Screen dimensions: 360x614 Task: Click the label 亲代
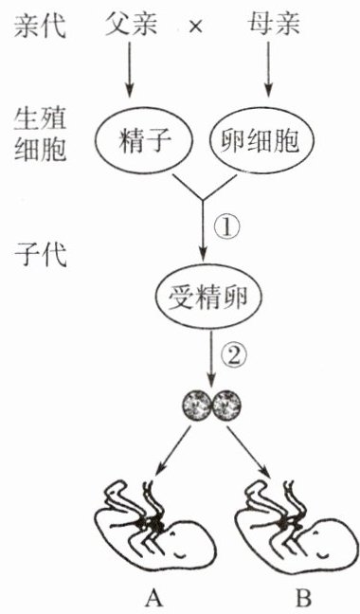(x=40, y=25)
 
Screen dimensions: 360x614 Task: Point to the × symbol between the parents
(x=194, y=27)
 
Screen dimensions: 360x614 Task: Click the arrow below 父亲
(x=130, y=69)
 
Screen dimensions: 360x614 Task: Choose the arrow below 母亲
(x=268, y=69)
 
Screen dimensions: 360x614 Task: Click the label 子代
(x=40, y=255)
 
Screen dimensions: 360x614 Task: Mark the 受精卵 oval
(x=208, y=298)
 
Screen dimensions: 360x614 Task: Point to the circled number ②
(x=234, y=356)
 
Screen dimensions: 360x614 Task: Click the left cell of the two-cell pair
(x=197, y=405)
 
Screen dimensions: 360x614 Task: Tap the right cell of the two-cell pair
(x=226, y=405)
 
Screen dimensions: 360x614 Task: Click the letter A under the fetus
(x=153, y=598)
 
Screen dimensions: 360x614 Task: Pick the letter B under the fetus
(x=303, y=598)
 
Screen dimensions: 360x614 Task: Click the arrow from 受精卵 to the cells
(x=211, y=358)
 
